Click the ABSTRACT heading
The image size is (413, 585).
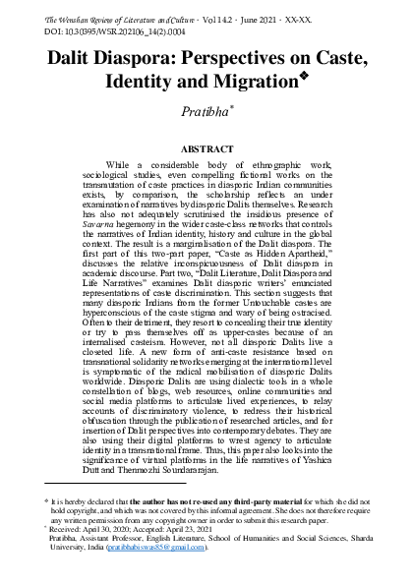coord(206,148)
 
